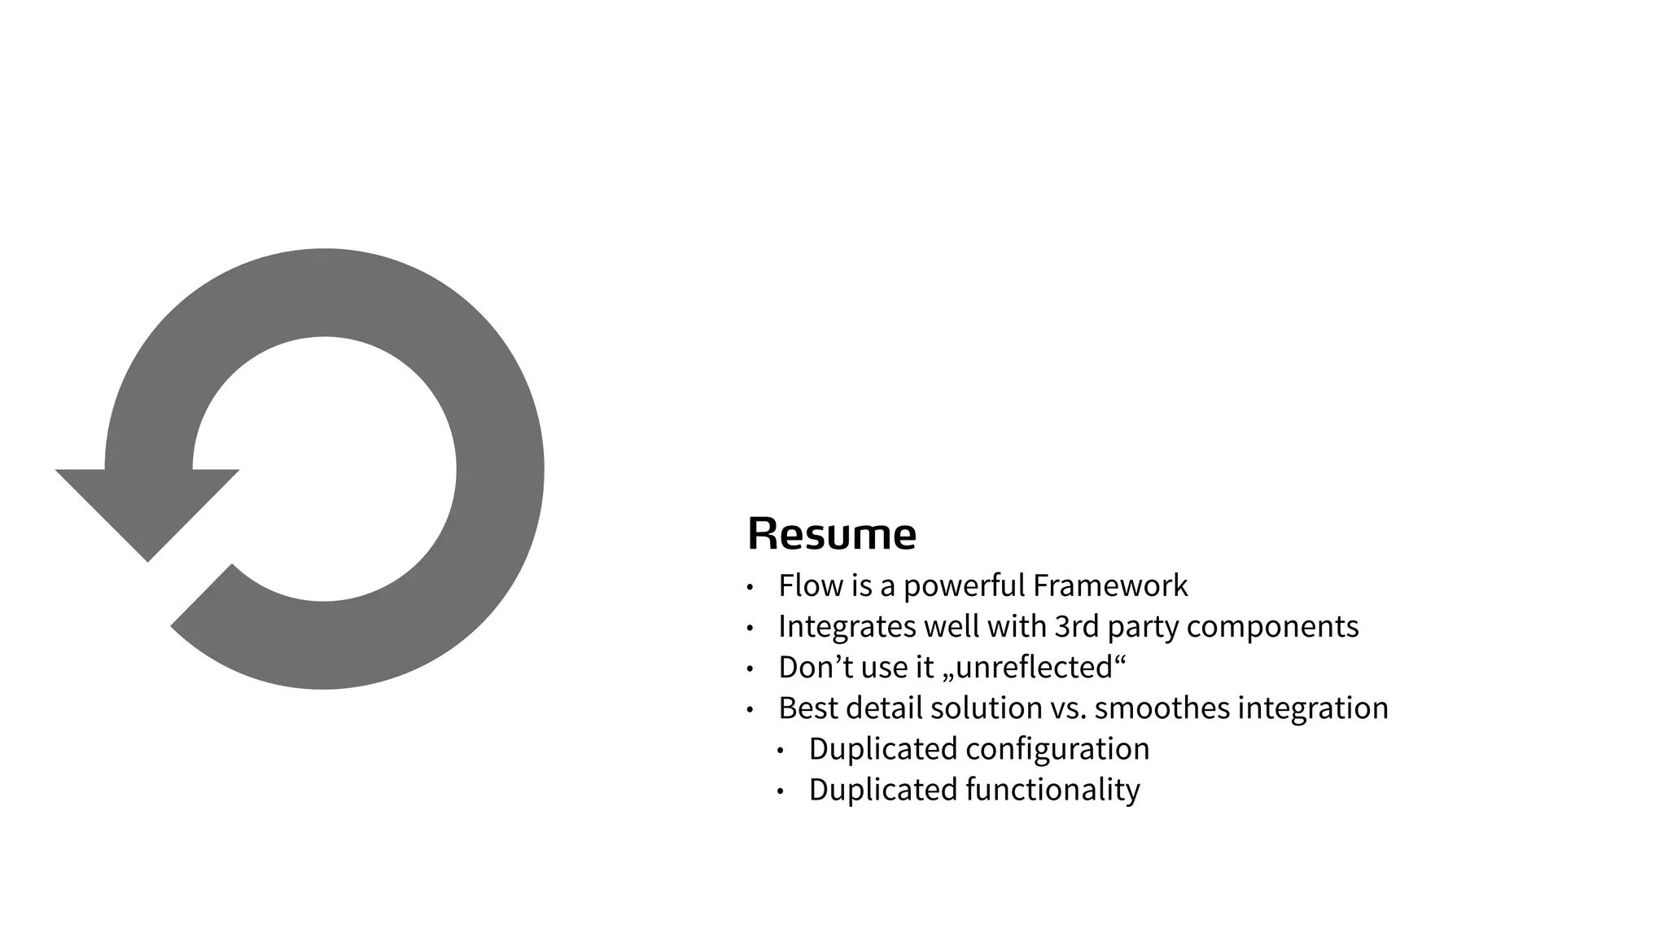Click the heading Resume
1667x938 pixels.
831,534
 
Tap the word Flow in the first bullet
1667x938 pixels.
803,585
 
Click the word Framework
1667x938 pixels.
1110,585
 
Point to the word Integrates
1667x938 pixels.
847,627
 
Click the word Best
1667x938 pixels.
807,708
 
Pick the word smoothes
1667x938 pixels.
1162,708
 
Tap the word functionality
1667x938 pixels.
1052,790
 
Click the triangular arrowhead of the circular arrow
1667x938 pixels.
147,505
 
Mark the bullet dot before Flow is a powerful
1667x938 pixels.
750,587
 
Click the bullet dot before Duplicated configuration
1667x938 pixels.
780,750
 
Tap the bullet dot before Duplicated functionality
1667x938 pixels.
780,791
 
